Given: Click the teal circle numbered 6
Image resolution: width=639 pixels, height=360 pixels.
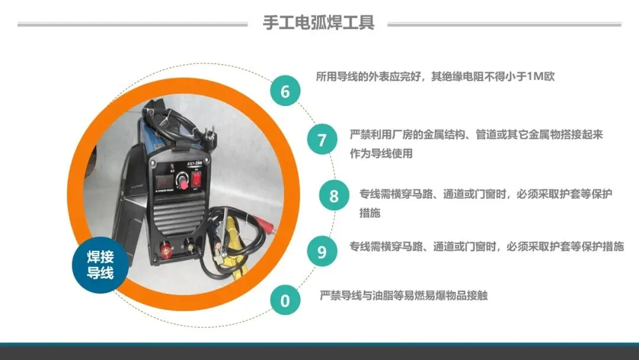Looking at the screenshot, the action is point(285,91).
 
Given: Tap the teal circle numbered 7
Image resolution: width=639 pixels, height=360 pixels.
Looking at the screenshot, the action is point(322,139).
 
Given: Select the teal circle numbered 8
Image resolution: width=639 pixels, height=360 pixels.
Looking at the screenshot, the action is point(334,195).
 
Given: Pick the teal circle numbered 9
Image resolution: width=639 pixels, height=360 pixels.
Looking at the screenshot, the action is point(322,251).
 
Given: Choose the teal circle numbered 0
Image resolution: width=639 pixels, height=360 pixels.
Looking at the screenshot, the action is point(285,300).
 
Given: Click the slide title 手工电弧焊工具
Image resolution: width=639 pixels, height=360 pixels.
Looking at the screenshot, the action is point(319,22).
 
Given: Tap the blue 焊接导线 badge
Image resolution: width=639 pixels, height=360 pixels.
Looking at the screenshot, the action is point(100,265).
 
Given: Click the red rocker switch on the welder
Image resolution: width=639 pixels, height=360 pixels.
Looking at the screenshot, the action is point(196,178).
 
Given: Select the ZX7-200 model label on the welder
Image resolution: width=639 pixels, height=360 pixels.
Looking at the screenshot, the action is point(195,164).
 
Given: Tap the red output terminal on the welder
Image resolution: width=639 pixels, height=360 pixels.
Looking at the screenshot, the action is point(166,249).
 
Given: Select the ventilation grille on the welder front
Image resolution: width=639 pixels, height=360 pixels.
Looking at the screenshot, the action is point(179,217).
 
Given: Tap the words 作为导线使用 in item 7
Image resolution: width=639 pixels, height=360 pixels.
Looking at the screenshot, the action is point(381,153).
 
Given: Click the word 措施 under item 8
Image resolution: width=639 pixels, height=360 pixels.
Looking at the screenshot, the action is point(370,213).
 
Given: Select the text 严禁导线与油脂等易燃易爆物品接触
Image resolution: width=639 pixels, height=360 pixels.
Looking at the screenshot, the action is point(404,295).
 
